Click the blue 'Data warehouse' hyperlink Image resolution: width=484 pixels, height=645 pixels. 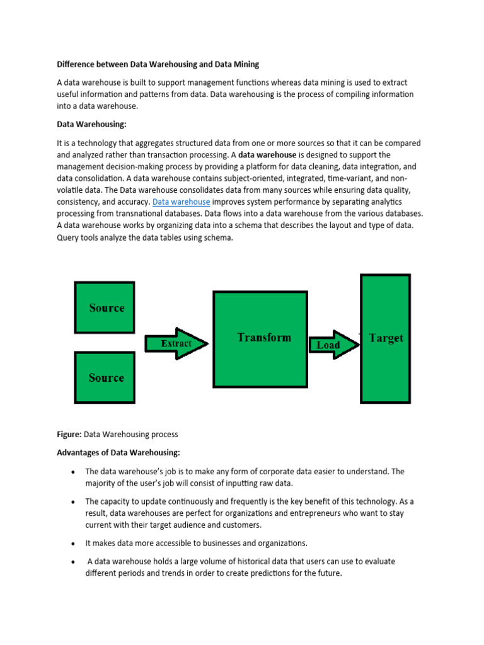[181, 202]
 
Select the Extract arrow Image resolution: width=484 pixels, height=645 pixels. [176, 344]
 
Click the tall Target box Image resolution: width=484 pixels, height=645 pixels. [385, 338]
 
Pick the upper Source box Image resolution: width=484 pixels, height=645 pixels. [104, 307]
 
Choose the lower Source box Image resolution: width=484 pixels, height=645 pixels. [104, 377]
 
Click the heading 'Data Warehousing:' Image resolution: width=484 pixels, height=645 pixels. [96, 125]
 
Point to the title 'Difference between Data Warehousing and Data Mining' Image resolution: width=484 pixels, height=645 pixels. [158, 64]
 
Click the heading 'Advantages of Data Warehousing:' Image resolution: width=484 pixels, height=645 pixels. [118, 453]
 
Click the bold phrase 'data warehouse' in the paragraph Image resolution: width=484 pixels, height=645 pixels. [267, 155]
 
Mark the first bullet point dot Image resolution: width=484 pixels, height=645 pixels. [74, 472]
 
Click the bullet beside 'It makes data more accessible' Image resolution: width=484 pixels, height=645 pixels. [74, 544]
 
